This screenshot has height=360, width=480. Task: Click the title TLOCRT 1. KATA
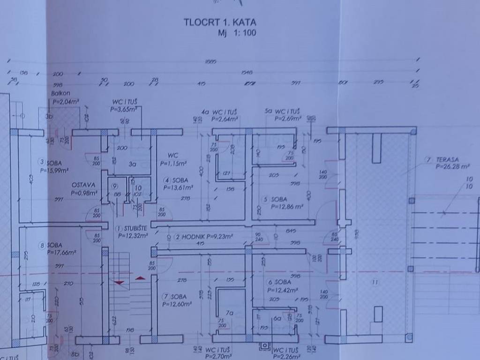[x=220, y=22]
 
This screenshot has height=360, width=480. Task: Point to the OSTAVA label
[x=84, y=185]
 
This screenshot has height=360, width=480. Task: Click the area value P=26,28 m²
[x=452, y=166]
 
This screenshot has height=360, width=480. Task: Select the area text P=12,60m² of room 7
[x=177, y=304]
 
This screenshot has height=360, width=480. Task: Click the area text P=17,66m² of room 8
[x=61, y=252]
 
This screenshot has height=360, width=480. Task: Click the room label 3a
[x=133, y=164]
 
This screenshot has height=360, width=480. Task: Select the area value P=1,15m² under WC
[x=173, y=164]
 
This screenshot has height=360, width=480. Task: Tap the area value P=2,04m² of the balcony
[x=66, y=101]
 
